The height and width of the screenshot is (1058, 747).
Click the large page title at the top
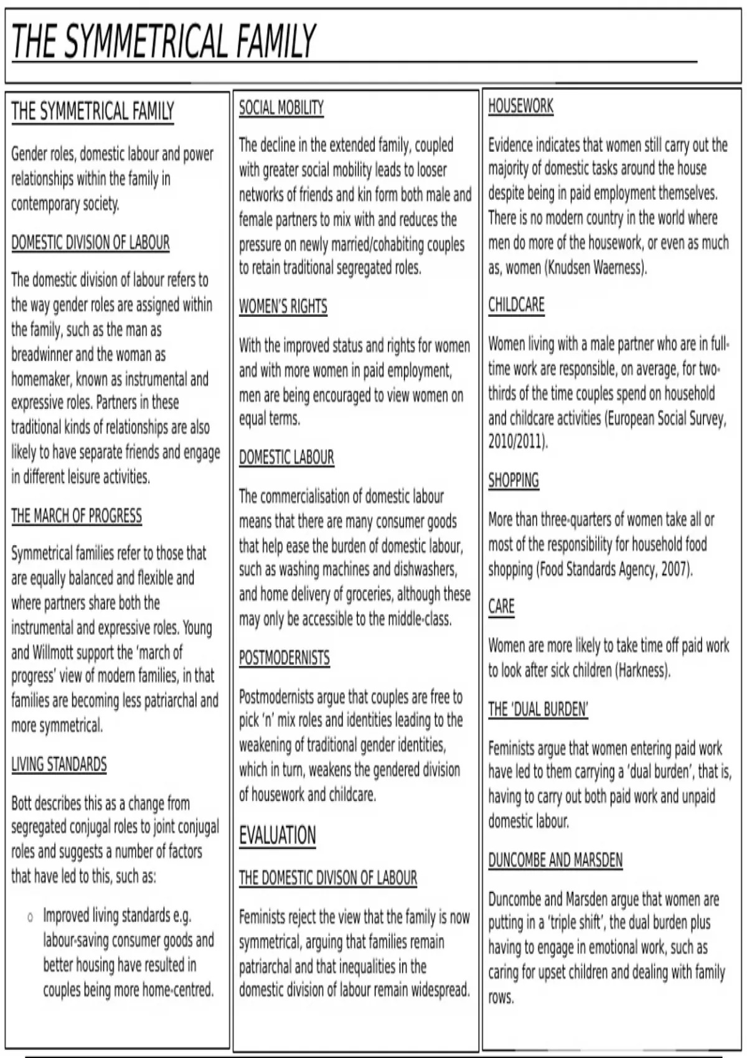tap(164, 42)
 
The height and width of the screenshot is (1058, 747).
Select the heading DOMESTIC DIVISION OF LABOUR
tap(90, 243)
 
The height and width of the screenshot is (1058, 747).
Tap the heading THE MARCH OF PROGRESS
tap(77, 516)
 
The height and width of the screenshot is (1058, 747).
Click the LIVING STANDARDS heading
tap(59, 764)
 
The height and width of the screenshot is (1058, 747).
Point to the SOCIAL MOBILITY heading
tap(281, 108)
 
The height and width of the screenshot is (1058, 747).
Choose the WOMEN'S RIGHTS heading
tap(283, 307)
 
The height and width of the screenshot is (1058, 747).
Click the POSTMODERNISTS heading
tap(284, 658)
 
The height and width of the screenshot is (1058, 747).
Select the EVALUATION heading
tap(278, 835)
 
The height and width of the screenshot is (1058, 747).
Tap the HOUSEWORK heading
tap(520, 106)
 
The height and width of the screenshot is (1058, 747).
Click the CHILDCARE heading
tap(516, 305)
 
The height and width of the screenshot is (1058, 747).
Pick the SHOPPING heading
tap(514, 480)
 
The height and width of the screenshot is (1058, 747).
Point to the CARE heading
tap(501, 606)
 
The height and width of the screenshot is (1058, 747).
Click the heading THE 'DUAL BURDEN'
tap(538, 709)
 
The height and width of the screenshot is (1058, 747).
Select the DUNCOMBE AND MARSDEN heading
tap(555, 860)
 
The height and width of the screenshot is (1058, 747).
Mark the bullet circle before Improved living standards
tap(30, 917)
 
